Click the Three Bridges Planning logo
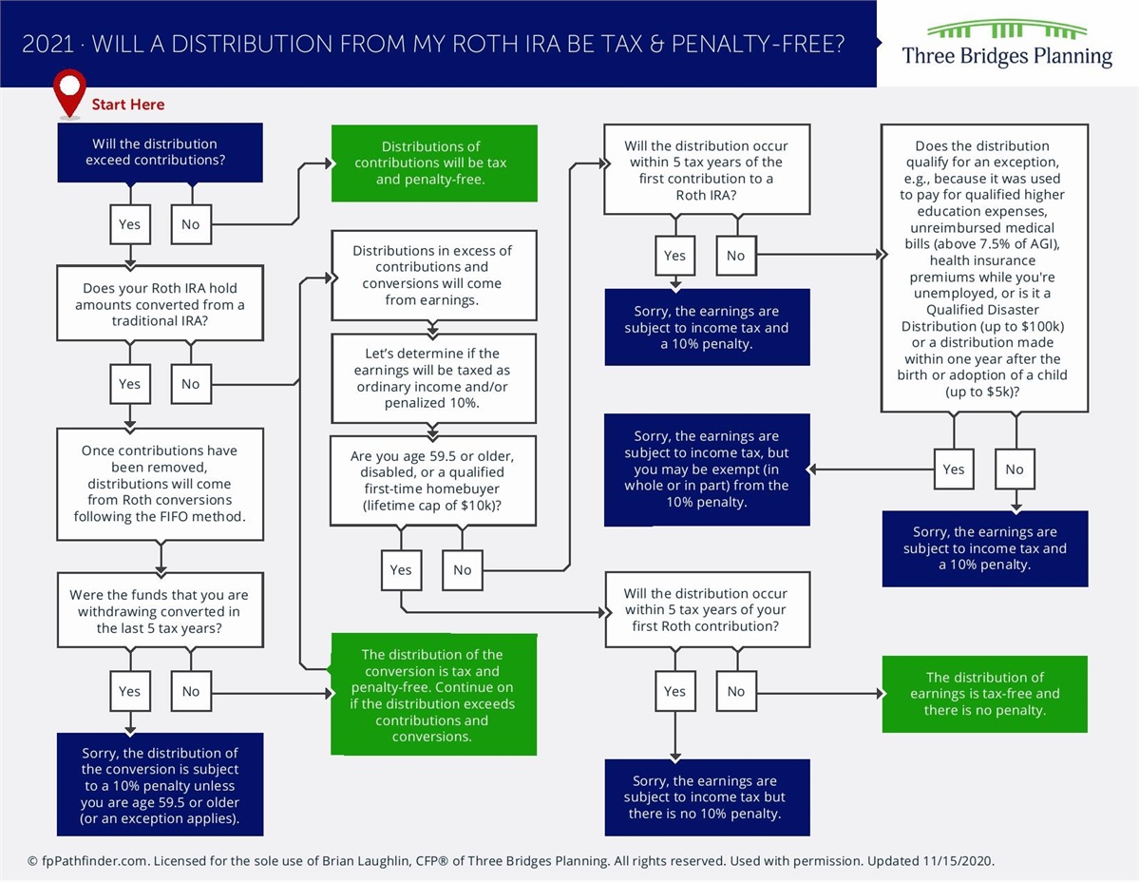pyautogui.click(x=1007, y=44)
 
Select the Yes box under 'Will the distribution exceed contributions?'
pyautogui.click(x=129, y=224)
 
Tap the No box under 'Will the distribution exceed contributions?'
pyautogui.click(x=191, y=224)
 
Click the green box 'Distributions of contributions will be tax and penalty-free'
pyautogui.click(x=434, y=163)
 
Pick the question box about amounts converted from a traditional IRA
pyautogui.click(x=160, y=304)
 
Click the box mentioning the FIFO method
pyautogui.click(x=160, y=484)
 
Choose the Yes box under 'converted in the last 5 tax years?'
pyautogui.click(x=129, y=691)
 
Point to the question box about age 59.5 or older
pyautogui.click(x=432, y=481)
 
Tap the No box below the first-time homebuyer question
pyautogui.click(x=462, y=569)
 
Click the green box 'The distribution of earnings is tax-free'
pyautogui.click(x=984, y=694)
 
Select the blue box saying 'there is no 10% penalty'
pyautogui.click(x=707, y=796)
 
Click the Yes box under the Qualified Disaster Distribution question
pyautogui.click(x=953, y=469)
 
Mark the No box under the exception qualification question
pyautogui.click(x=1015, y=469)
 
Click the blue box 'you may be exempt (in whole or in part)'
pyautogui.click(x=707, y=470)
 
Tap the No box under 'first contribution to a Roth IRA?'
pyautogui.click(x=735, y=255)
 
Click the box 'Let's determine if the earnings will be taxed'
pyautogui.click(x=432, y=377)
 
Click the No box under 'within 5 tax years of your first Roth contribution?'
pyautogui.click(x=735, y=691)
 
